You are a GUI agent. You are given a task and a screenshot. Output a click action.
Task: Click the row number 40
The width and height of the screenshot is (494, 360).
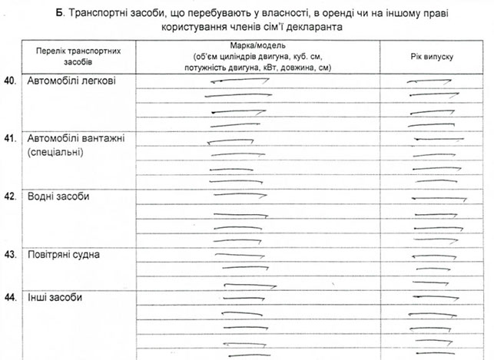click(x=10, y=80)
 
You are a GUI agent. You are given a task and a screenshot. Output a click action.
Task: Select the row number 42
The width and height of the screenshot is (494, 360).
click(x=10, y=197)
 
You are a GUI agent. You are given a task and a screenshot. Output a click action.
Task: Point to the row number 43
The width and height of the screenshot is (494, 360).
click(x=10, y=254)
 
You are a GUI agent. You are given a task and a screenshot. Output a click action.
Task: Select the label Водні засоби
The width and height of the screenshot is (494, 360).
click(x=59, y=197)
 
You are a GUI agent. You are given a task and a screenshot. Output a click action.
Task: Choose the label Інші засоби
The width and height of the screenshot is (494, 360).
click(x=55, y=297)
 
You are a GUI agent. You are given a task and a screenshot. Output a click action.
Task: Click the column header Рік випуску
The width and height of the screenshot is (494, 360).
click(x=433, y=57)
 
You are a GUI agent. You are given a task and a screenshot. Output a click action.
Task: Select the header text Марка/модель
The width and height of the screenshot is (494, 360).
click(x=257, y=46)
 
